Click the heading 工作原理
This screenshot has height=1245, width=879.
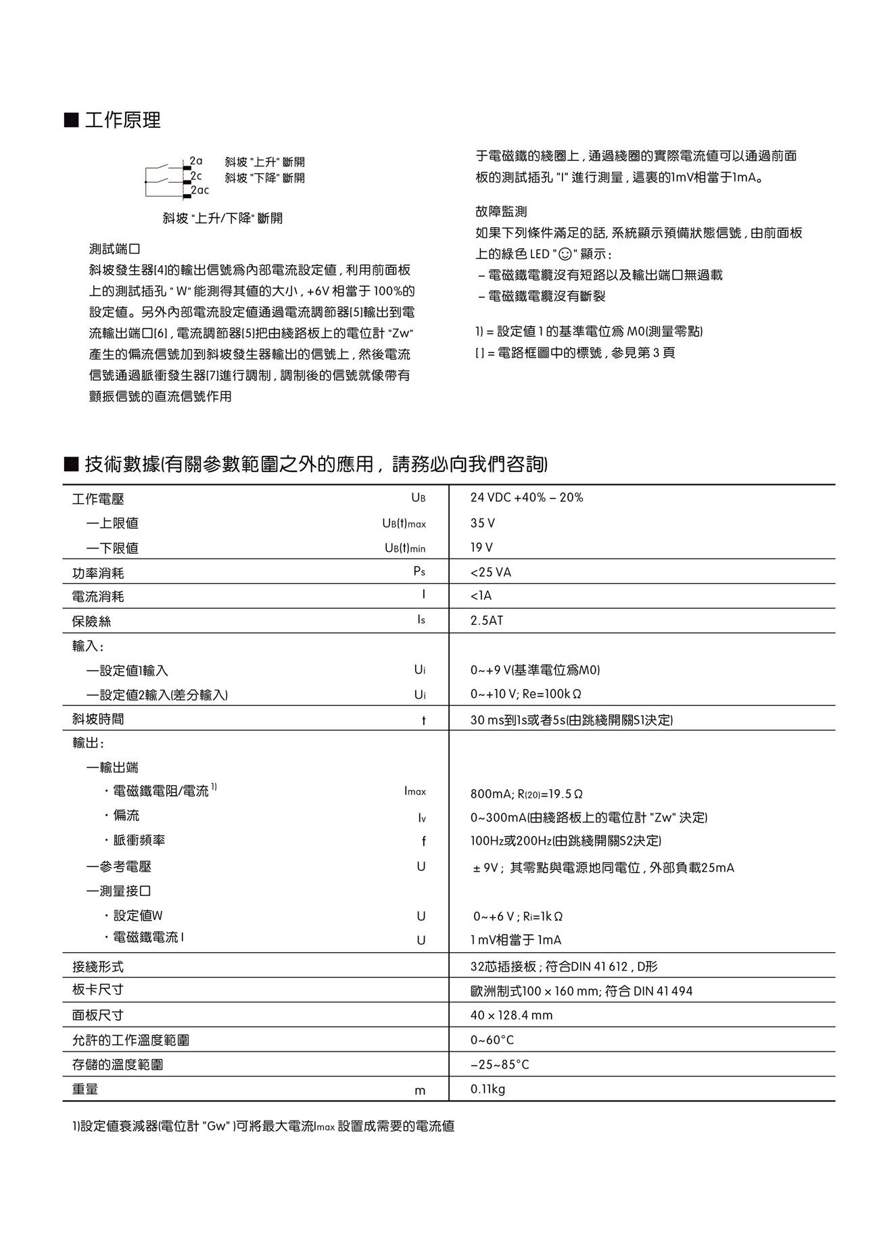pos(122,120)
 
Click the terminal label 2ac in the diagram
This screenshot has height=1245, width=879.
pos(200,191)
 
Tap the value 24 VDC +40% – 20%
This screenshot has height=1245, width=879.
pos(526,498)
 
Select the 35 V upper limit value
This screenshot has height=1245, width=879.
pos(482,523)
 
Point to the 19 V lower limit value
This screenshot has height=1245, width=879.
pos(481,547)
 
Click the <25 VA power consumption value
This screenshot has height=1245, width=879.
pos(490,572)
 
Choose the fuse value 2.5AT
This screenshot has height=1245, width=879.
pos(487,620)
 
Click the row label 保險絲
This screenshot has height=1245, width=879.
pos(91,621)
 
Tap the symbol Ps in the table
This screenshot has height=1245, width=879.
pos(419,571)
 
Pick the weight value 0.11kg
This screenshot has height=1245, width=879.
pos(488,1089)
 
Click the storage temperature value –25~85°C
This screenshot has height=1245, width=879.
pos(500,1064)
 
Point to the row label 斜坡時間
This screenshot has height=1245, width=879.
pos(98,719)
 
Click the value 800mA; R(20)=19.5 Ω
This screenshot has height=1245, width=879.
pos(526,793)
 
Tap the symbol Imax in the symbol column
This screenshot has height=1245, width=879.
pos(415,791)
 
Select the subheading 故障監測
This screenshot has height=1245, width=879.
pos(501,212)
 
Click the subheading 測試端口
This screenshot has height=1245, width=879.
pos(114,249)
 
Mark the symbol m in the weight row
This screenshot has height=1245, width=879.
pos(421,1090)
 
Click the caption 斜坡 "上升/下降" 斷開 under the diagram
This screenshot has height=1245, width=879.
pos(222,218)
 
